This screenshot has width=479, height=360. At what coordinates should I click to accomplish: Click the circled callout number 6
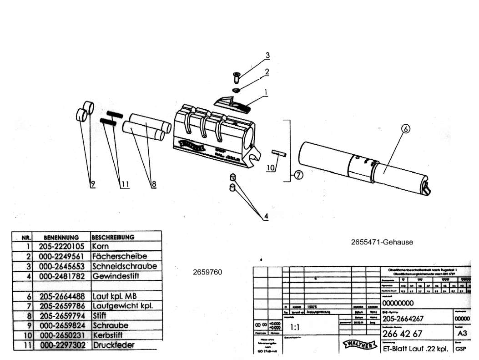pos(405,129)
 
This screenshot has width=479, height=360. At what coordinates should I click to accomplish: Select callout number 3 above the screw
pos(268,56)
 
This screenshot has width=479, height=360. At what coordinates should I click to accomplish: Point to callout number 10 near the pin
pos(270,168)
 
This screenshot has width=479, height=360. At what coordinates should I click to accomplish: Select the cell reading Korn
pos(101,246)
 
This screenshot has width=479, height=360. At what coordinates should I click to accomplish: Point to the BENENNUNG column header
pos(61,238)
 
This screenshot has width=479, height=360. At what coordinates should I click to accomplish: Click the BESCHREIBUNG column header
pos(113,238)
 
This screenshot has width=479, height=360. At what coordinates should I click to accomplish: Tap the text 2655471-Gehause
pos(382,242)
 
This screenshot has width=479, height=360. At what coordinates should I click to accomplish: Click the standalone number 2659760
pos(207,272)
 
